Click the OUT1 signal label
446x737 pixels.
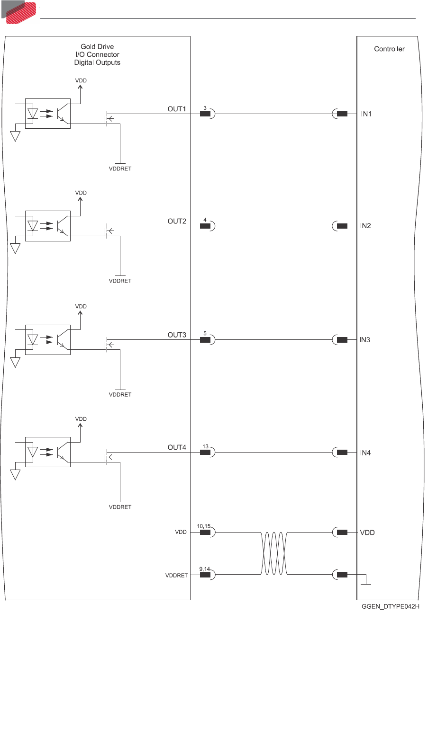coord(177,109)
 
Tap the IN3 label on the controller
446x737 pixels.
coord(364,340)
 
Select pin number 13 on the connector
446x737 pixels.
coord(205,446)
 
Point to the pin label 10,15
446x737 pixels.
coord(204,526)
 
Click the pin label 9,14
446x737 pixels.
coord(204,569)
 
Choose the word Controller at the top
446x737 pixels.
coord(389,49)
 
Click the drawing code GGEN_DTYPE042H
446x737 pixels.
coord(391,606)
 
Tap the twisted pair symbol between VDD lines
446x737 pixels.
coord(274,553)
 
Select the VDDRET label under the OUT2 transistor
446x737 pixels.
coord(120,281)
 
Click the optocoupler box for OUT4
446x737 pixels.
coord(47,452)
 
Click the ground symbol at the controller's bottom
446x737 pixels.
coord(365,583)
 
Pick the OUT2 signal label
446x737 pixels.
coord(177,221)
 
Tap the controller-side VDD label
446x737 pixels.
coord(367,533)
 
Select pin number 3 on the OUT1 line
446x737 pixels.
coord(205,108)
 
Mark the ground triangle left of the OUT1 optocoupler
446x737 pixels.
coord(15,136)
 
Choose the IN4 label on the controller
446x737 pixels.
coord(365,453)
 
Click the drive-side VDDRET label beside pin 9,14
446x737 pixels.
coord(176,576)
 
